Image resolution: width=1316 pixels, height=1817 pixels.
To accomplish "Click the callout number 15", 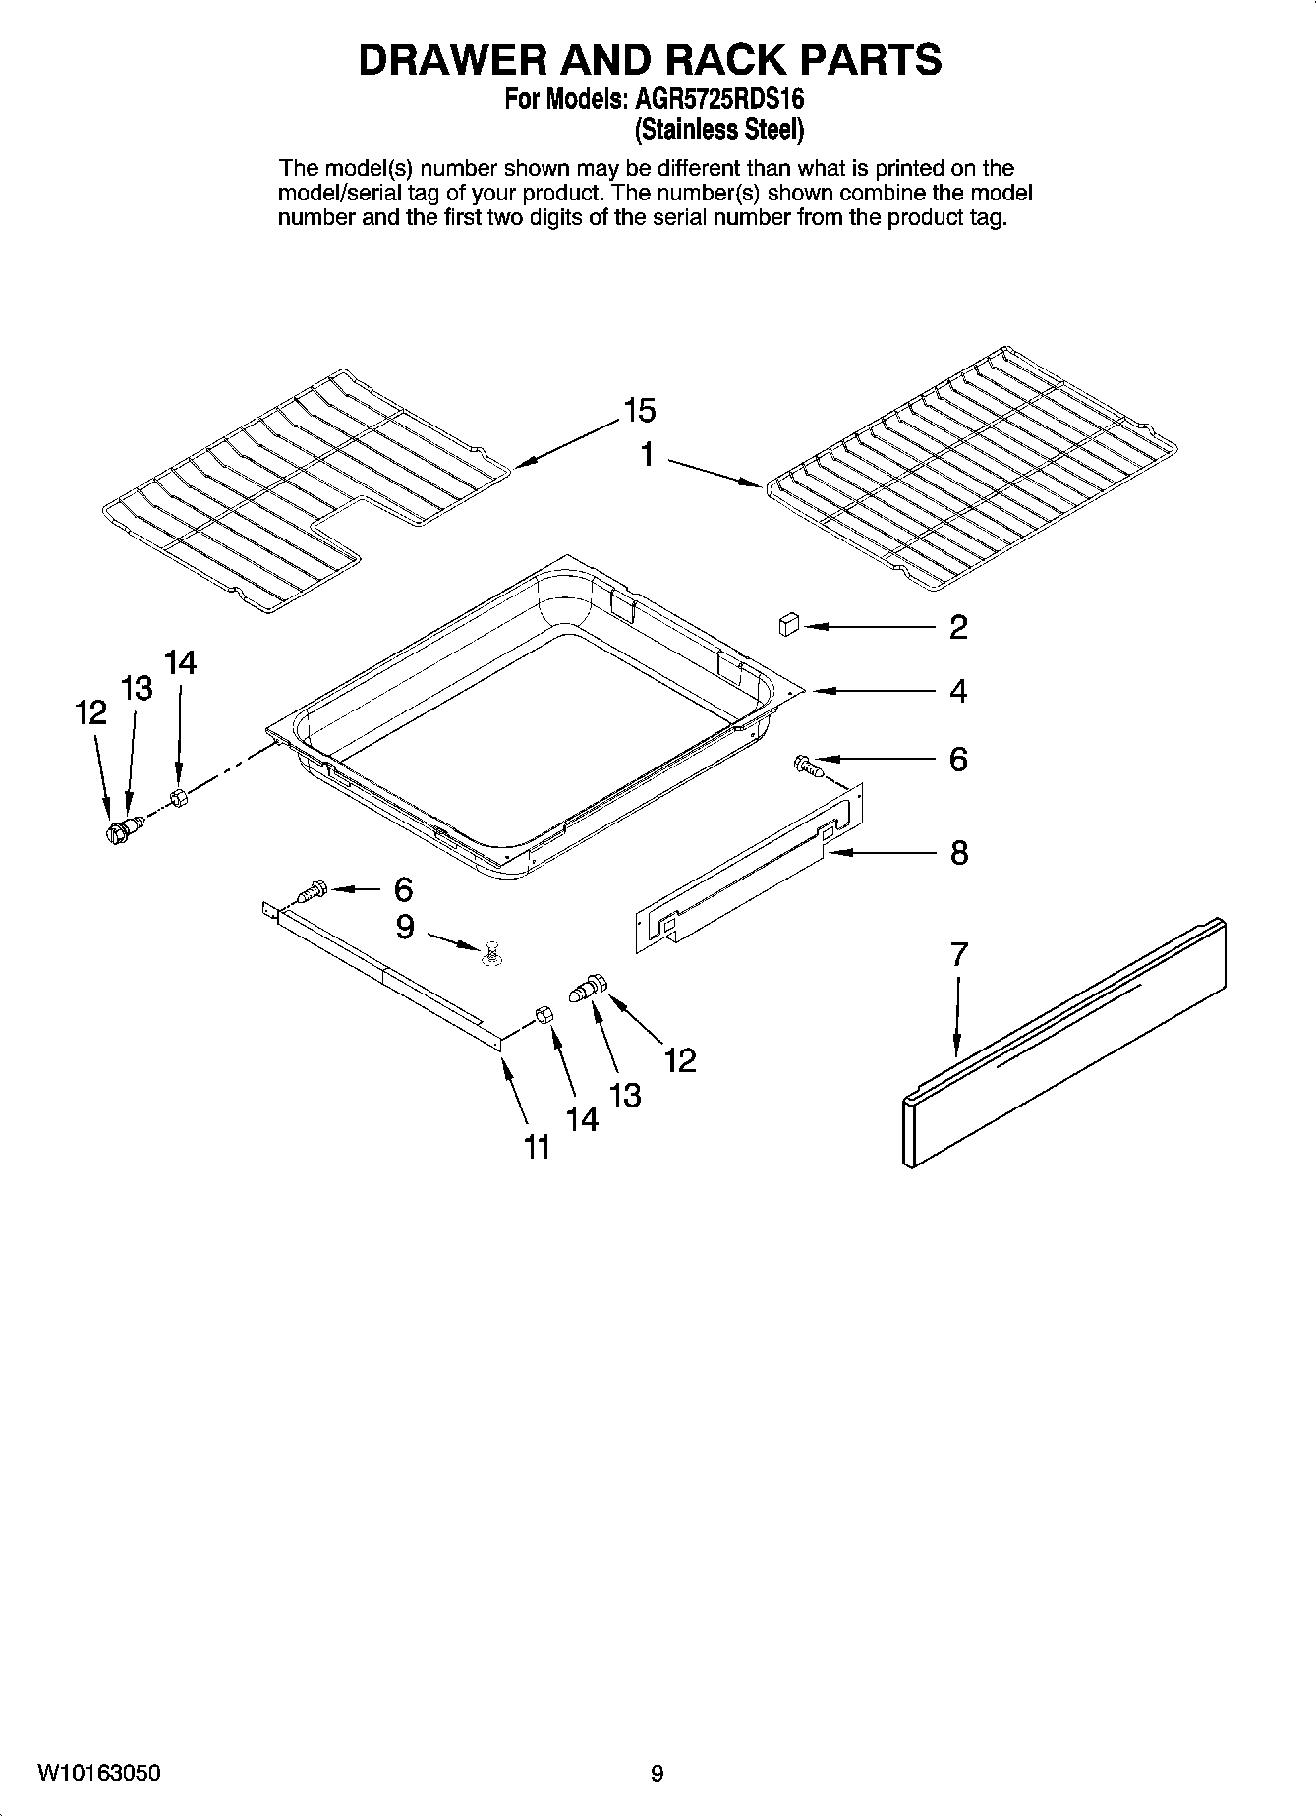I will pyautogui.click(x=638, y=410).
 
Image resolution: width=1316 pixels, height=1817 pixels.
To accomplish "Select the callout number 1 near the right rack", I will pyautogui.click(x=648, y=455).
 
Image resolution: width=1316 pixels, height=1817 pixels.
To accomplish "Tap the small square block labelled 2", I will pyautogui.click(x=788, y=625).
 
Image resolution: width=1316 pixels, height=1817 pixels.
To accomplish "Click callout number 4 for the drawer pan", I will pyautogui.click(x=958, y=691).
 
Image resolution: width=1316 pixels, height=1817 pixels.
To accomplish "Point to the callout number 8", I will pyautogui.click(x=959, y=852).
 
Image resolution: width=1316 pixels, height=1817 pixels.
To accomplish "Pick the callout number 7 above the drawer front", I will pyautogui.click(x=959, y=953).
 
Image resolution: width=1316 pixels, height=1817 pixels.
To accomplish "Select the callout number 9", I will pyautogui.click(x=405, y=927).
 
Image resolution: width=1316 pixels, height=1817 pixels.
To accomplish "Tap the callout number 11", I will pyautogui.click(x=536, y=1147).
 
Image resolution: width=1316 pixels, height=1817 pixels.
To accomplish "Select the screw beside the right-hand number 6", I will pyautogui.click(x=806, y=764).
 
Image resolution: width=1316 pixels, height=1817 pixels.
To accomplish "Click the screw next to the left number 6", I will pyautogui.click(x=311, y=892).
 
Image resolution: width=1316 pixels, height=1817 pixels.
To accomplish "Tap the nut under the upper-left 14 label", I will pyautogui.click(x=178, y=797).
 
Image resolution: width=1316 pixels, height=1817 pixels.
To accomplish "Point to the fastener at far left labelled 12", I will pyautogui.click(x=119, y=832).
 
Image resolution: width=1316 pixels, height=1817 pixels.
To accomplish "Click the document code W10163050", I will pyautogui.click(x=98, y=1773).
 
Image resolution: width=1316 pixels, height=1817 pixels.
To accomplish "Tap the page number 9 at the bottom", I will pyautogui.click(x=658, y=1773).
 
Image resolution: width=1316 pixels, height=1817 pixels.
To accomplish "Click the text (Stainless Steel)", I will pyautogui.click(x=719, y=129).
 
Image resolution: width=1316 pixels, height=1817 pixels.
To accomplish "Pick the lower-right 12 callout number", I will pyautogui.click(x=679, y=1060).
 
